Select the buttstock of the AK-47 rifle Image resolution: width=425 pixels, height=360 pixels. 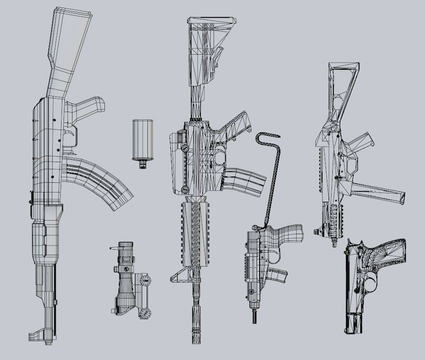(x=67, y=46)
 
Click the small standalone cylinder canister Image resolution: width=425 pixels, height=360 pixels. (x=142, y=139)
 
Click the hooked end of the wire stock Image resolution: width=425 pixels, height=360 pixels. (x=267, y=136)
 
